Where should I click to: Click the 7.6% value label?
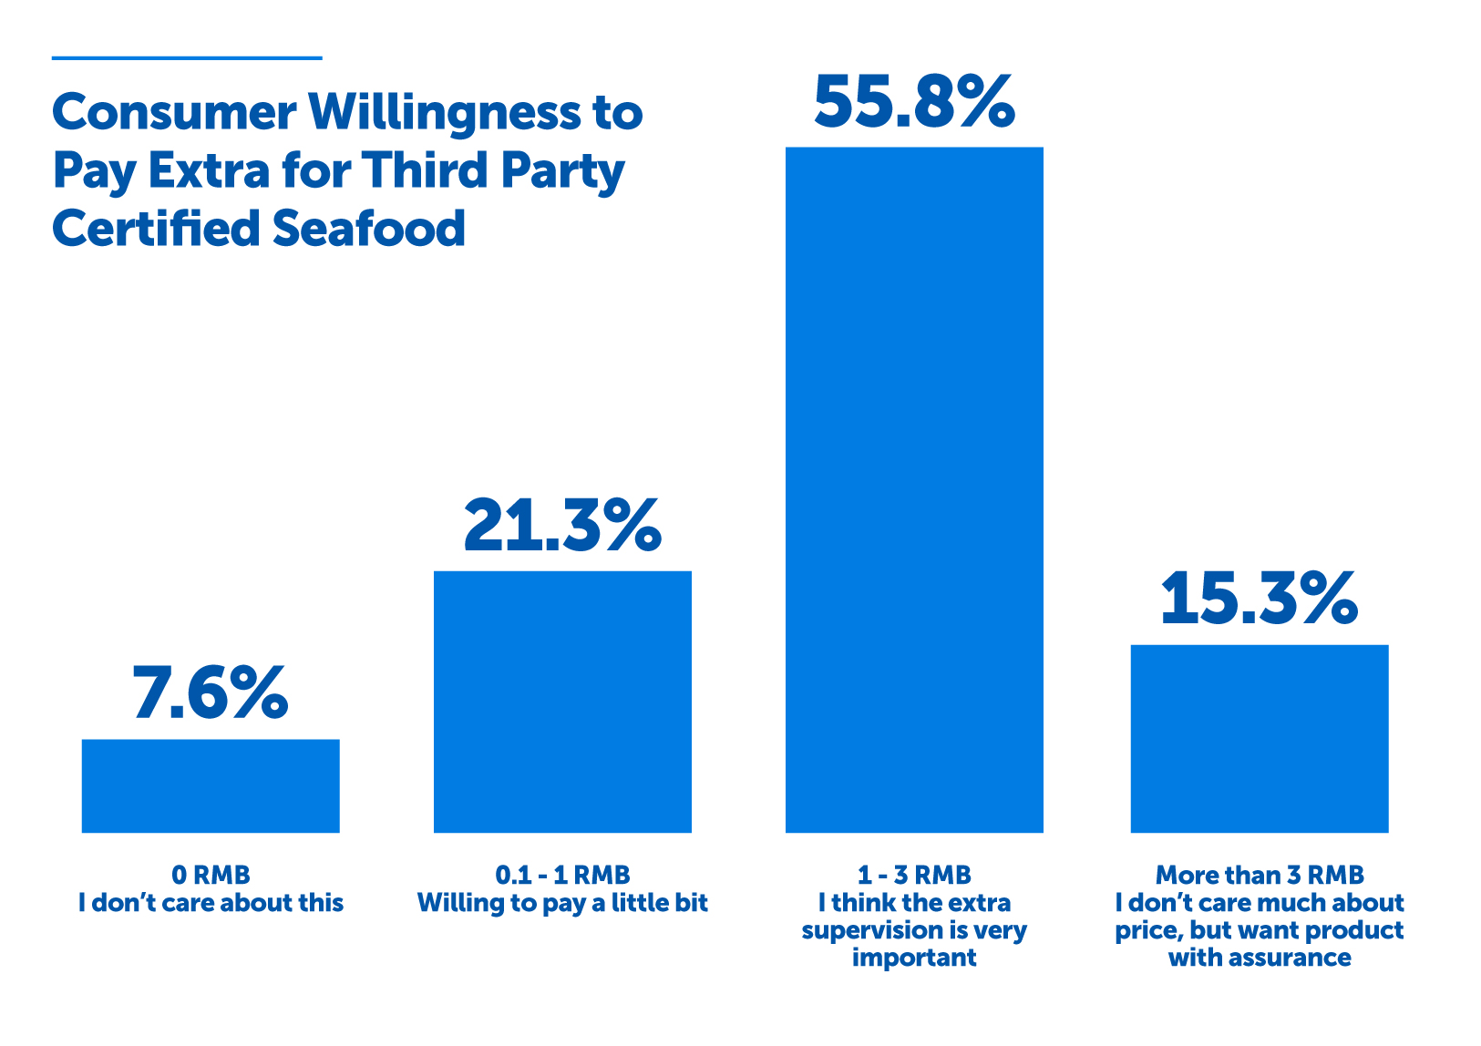pyautogui.click(x=211, y=692)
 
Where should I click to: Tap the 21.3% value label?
pyautogui.click(x=562, y=526)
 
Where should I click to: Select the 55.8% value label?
pyautogui.click(x=914, y=102)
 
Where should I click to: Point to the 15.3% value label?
pyautogui.click(x=1259, y=599)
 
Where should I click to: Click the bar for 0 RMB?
pyautogui.click(x=211, y=785)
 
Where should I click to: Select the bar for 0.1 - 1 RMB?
pyautogui.click(x=562, y=702)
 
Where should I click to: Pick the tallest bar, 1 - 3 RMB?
pyautogui.click(x=914, y=489)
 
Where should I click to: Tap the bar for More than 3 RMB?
pyautogui.click(x=1259, y=738)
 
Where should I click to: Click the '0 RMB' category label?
pyautogui.click(x=211, y=875)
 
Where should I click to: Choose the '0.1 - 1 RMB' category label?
pyautogui.click(x=562, y=875)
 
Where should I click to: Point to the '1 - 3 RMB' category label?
pyautogui.click(x=914, y=875)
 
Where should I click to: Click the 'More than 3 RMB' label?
pyautogui.click(x=1260, y=875)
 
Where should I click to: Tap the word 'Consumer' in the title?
pyautogui.click(x=174, y=113)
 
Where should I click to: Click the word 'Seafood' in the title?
pyautogui.click(x=368, y=228)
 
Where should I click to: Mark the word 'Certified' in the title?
pyautogui.click(x=156, y=228)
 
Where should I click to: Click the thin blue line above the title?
pyautogui.click(x=187, y=58)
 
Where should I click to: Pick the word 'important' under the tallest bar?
pyautogui.click(x=914, y=958)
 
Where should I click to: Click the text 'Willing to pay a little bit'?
pyautogui.click(x=562, y=903)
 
